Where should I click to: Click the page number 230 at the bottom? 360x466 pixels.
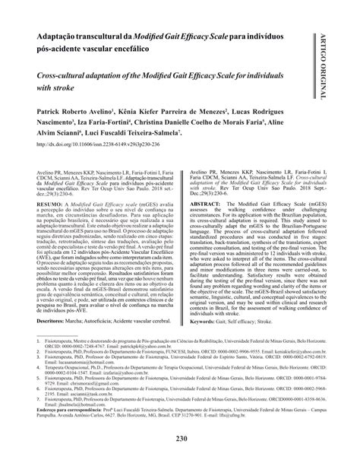click(180, 440)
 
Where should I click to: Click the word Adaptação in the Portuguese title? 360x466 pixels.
click(62, 36)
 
